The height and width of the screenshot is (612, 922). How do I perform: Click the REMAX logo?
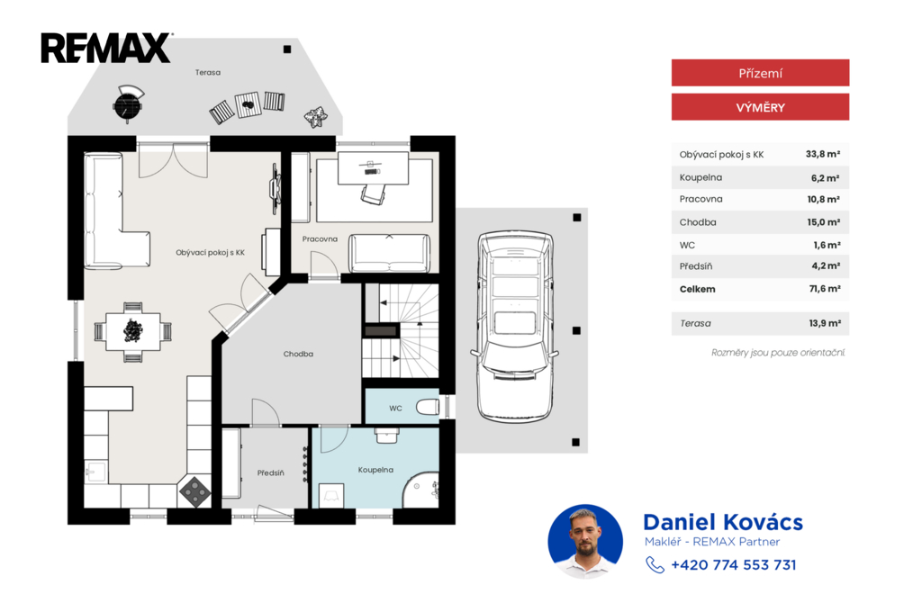point(106,48)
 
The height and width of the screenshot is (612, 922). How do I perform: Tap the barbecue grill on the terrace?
point(128,103)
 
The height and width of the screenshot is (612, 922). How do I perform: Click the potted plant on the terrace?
point(316,116)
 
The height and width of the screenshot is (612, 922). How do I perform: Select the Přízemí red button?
point(760,73)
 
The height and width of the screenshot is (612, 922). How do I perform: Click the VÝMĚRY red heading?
point(760,107)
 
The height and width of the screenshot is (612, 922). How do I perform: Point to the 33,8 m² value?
point(823,154)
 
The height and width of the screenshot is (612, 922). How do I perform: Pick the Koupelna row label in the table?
point(701,177)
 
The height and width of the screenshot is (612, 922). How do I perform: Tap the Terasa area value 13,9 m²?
point(825,323)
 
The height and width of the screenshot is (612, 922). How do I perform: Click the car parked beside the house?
point(515,327)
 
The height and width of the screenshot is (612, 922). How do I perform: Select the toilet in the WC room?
point(428,407)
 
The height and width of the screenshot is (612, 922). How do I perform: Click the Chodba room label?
point(298,354)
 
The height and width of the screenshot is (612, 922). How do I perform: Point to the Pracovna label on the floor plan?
point(320,239)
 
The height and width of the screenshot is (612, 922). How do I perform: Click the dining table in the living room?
point(133,331)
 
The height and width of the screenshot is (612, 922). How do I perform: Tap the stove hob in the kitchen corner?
point(195,491)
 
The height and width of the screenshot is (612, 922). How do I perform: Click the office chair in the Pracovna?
point(374,193)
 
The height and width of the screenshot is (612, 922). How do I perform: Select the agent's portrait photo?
point(585,542)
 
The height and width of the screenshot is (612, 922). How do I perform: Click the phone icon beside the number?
point(655,565)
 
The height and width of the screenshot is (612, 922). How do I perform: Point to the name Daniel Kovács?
point(723,522)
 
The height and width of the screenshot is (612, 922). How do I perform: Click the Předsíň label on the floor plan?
point(270,472)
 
